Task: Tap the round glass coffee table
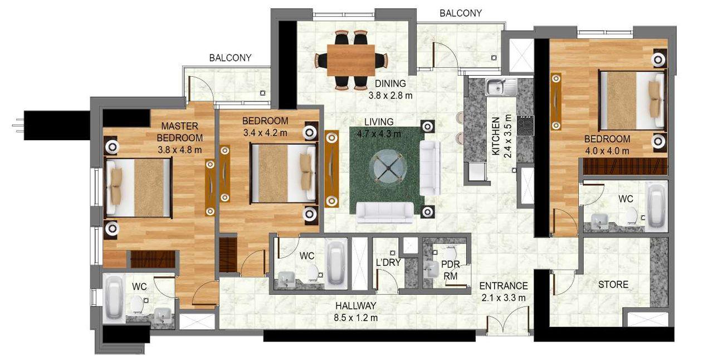point(386,167)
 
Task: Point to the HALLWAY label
point(356,306)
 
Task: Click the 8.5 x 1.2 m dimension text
point(356,318)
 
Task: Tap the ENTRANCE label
point(503,286)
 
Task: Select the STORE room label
point(613,285)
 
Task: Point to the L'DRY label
point(388,263)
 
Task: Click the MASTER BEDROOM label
point(179,132)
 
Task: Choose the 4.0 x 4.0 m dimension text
point(607,150)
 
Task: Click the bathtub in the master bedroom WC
point(114,297)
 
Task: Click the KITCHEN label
point(495,136)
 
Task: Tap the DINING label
point(390,84)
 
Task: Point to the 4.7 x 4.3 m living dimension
point(379,133)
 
